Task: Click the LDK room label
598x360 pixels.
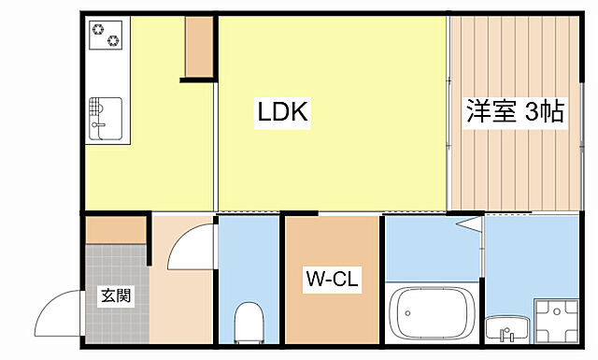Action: coord(282,111)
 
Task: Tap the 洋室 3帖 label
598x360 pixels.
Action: coord(515,111)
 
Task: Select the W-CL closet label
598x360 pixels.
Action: coord(333,279)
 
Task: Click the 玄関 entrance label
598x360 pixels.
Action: coord(116,295)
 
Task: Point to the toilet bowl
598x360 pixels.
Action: coord(249,322)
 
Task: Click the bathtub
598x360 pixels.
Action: coord(432,312)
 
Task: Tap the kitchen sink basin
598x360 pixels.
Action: coord(106,119)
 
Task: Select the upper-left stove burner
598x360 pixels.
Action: coord(98,29)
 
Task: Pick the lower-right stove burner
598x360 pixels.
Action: coord(113,40)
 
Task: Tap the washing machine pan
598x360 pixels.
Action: coord(557,321)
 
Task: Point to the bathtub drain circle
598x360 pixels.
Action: coord(407,313)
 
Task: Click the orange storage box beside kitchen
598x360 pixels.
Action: coord(199,47)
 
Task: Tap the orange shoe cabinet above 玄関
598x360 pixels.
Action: coord(116,230)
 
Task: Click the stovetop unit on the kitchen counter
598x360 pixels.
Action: coord(106,35)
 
